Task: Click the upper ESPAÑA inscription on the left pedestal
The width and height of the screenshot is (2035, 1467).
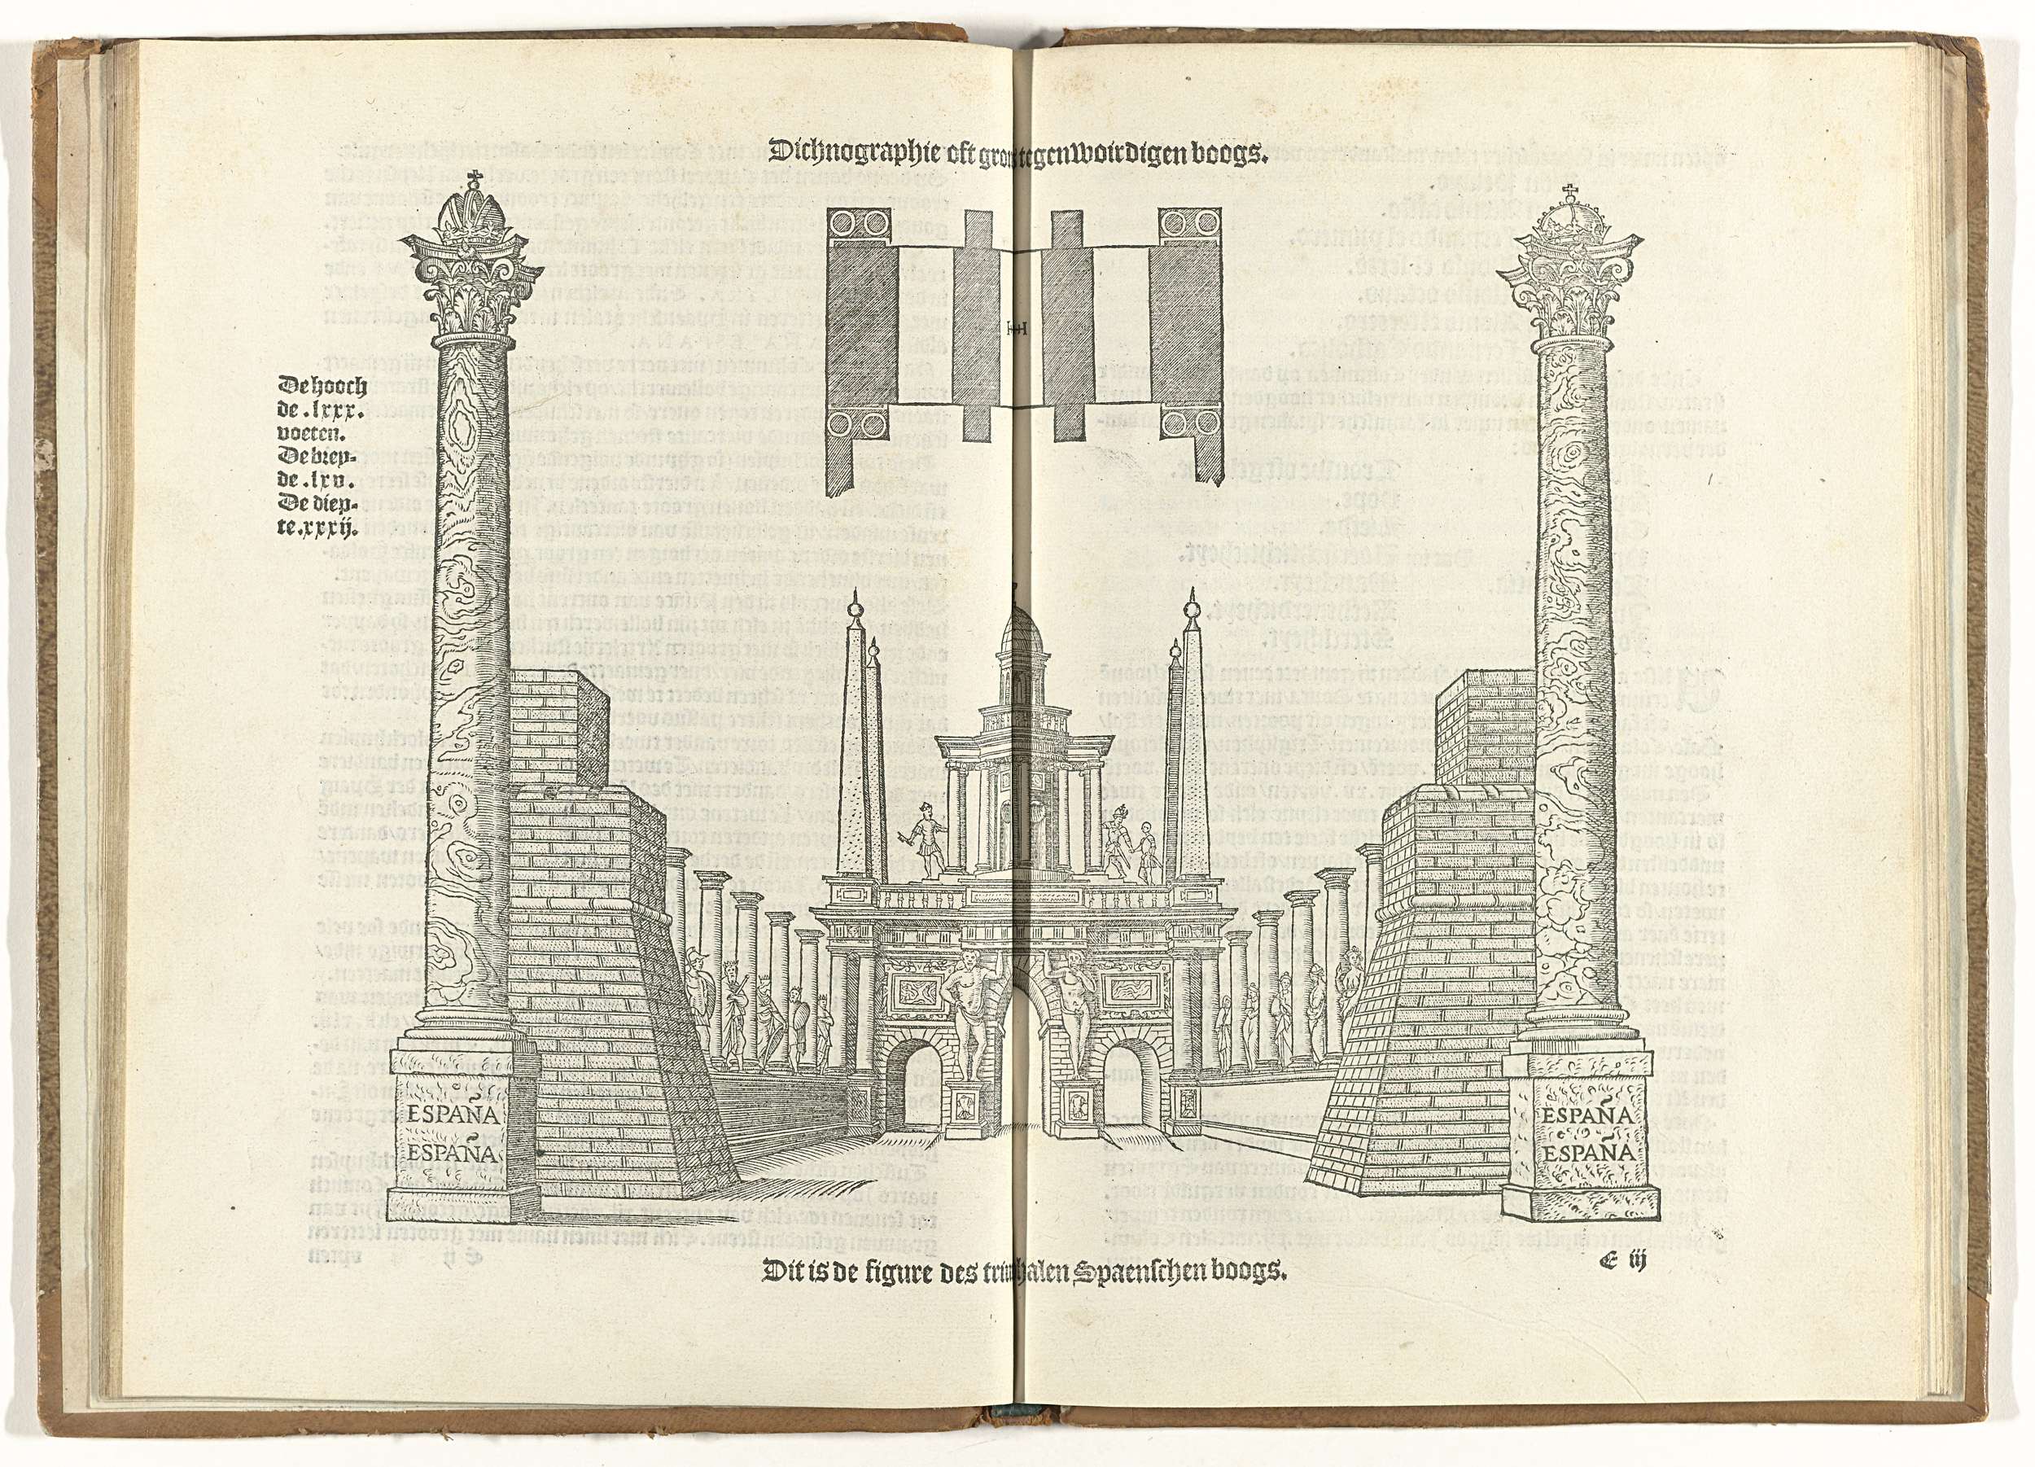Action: click(x=451, y=1115)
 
